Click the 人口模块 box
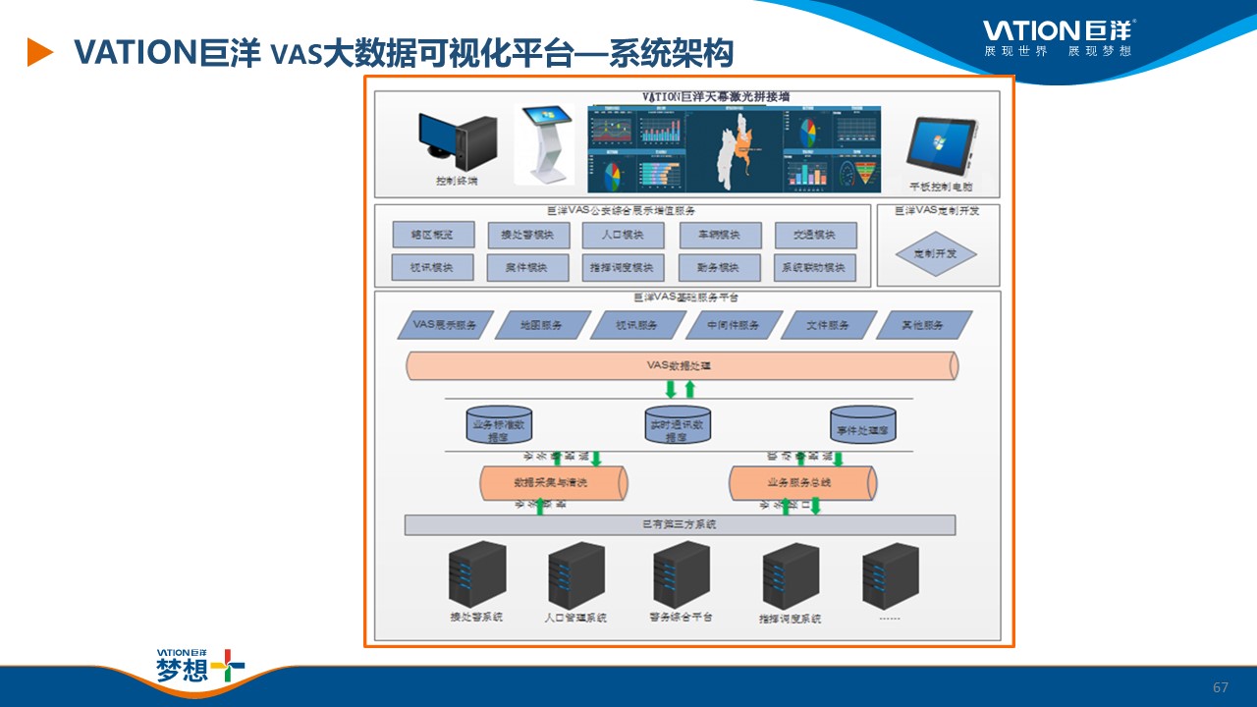[x=624, y=236]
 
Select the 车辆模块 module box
[x=720, y=236]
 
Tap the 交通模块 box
[x=816, y=236]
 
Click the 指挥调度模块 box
[x=624, y=267]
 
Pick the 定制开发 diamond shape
[x=937, y=253]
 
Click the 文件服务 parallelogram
[x=828, y=325]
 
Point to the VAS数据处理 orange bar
[x=683, y=366]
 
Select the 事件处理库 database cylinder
[x=863, y=423]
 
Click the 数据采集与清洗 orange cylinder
[x=555, y=483]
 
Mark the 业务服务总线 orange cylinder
[x=802, y=483]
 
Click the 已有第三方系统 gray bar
[x=680, y=525]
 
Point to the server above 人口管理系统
[x=575, y=573]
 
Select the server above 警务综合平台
[x=681, y=573]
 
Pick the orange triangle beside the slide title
[x=39, y=52]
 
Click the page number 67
[x=1221, y=687]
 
